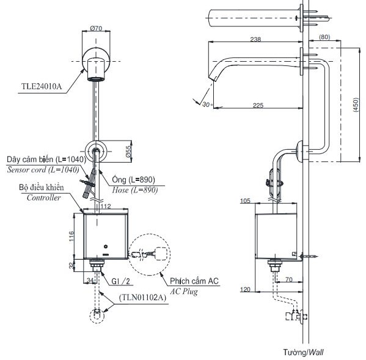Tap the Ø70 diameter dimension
coord(95,28)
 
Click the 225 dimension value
coord(258,105)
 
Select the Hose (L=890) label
coord(135,190)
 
